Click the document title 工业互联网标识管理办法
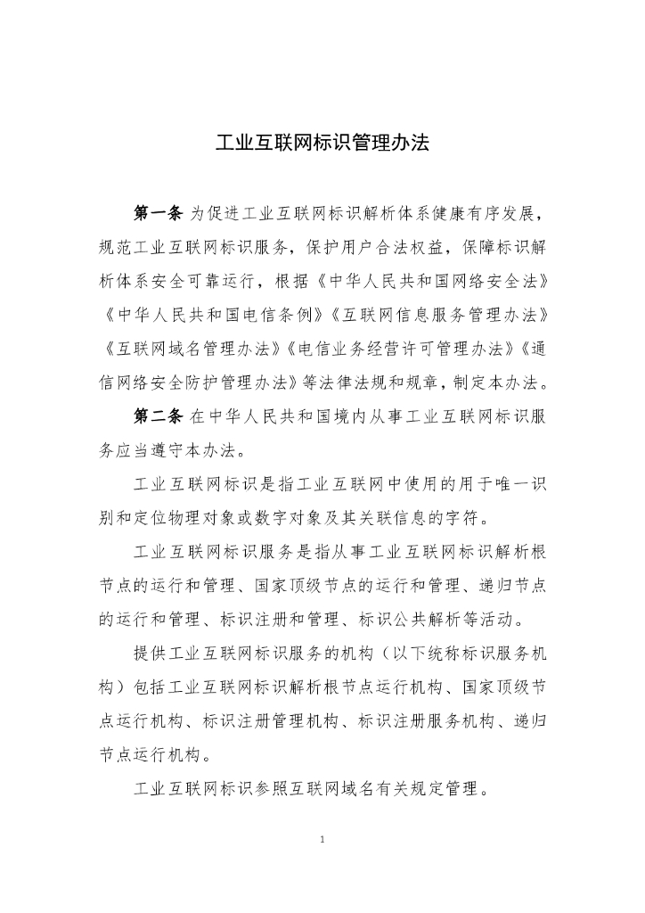coord(322,143)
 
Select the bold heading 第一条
coord(158,214)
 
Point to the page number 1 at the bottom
coord(322,839)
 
